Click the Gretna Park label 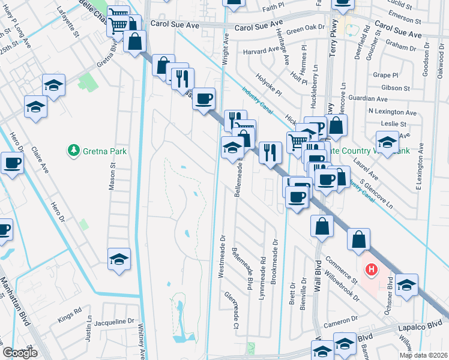pyautogui.click(x=104, y=151)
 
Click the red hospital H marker pyautogui.click(x=372, y=271)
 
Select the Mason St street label pyautogui.click(x=112, y=176)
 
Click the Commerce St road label pyautogui.click(x=342, y=269)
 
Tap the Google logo pyautogui.click(x=20, y=353)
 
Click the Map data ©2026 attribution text pyautogui.click(x=423, y=355)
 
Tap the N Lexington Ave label pyautogui.click(x=393, y=112)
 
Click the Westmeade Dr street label pyautogui.click(x=222, y=253)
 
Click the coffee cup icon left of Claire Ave pyautogui.click(x=12, y=162)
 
